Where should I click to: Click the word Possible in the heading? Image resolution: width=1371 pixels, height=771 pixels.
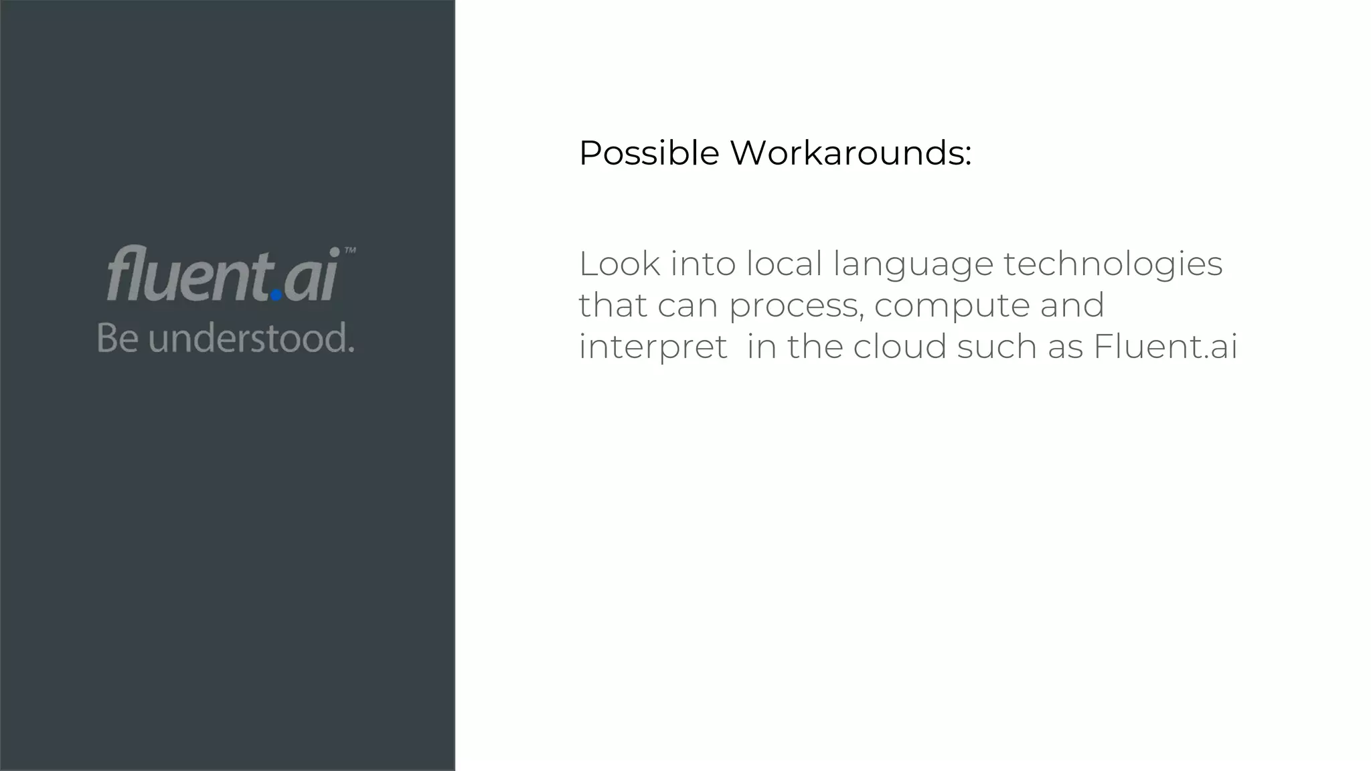pyautogui.click(x=649, y=153)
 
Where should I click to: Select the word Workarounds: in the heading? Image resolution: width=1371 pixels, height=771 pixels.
pyautogui.click(x=850, y=153)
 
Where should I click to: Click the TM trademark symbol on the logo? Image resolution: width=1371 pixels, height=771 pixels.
pyautogui.click(x=349, y=252)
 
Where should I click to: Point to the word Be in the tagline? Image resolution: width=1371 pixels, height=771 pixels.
pyautogui.click(x=118, y=338)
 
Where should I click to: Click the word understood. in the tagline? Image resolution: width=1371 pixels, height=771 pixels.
pyautogui.click(x=251, y=338)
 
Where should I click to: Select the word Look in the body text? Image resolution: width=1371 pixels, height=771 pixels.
pyautogui.click(x=620, y=264)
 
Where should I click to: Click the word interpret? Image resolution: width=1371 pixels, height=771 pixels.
pyautogui.click(x=653, y=347)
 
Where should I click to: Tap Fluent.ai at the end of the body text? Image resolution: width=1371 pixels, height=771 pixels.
pyautogui.click(x=1165, y=347)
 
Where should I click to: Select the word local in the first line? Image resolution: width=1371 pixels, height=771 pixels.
pyautogui.click(x=784, y=264)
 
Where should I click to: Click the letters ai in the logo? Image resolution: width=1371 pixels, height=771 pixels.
pyautogui.click(x=311, y=276)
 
